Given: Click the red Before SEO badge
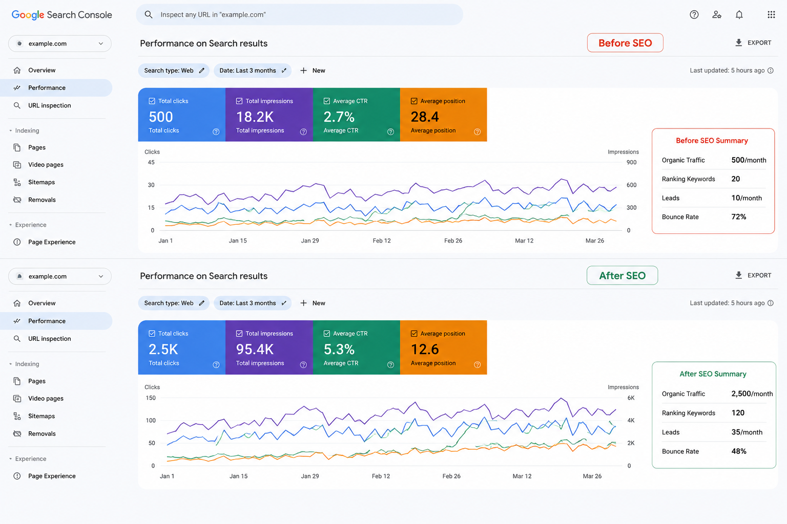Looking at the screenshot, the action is click(625, 43).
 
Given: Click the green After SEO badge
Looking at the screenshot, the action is click(622, 275).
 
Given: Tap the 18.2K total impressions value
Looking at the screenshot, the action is click(255, 117).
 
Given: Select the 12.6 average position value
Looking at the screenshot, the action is click(425, 349).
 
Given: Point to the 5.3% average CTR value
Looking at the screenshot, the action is click(339, 349).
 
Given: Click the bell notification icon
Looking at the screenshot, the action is click(739, 15).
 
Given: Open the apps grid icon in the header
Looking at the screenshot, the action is click(771, 15).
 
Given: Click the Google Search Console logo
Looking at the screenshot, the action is click(62, 15).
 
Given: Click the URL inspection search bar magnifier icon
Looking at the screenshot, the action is click(149, 14).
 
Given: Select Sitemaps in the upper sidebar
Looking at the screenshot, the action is click(42, 182).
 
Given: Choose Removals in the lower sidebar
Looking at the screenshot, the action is click(42, 433).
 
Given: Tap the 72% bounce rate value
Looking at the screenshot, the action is click(738, 217).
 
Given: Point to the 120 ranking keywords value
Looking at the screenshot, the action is click(738, 413).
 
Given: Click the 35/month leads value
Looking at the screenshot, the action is click(747, 432).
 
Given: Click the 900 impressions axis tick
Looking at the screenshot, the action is click(631, 163).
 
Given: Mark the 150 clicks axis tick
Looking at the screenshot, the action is click(150, 398).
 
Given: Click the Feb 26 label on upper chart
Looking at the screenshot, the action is click(453, 241).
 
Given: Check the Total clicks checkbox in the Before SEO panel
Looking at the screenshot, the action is click(152, 101).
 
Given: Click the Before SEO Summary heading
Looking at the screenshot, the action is click(712, 141).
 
